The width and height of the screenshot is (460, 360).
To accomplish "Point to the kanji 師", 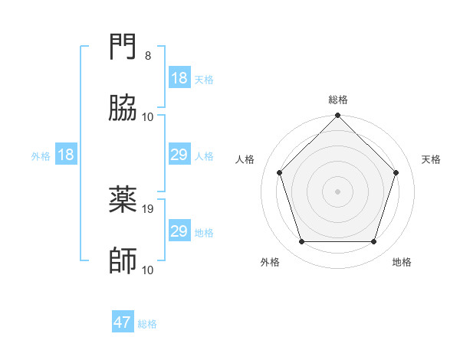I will pyautogui.click(x=123, y=260).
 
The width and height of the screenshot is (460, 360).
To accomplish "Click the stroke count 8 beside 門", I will pyautogui.click(x=148, y=56).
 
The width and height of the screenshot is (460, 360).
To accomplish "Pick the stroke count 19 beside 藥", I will pyautogui.click(x=149, y=208).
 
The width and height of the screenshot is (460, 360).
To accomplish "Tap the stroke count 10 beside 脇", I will pyautogui.click(x=148, y=116).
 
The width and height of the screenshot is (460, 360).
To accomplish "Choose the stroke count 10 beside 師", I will pyautogui.click(x=148, y=270).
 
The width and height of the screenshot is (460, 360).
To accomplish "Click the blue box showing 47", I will pyautogui.click(x=123, y=322).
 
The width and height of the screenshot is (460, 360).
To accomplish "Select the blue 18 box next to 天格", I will pyautogui.click(x=179, y=78).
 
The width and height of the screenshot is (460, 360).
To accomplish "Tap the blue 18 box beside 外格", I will pyautogui.click(x=66, y=155).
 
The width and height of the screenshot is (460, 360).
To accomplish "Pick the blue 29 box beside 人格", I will pyautogui.click(x=179, y=155).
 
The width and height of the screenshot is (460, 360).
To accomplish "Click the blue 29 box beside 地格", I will pyautogui.click(x=179, y=231).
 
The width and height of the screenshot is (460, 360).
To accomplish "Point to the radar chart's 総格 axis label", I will pyautogui.click(x=338, y=100).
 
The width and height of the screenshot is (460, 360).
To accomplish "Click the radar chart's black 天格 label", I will pyautogui.click(x=431, y=159).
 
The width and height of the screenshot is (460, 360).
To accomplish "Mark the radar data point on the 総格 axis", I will pyautogui.click(x=338, y=116).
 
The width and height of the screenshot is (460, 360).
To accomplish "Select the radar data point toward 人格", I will pyautogui.click(x=280, y=172).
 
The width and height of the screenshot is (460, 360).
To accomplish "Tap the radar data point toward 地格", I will pyautogui.click(x=373, y=242).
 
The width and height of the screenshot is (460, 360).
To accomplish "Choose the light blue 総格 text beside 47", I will pyautogui.click(x=147, y=324).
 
